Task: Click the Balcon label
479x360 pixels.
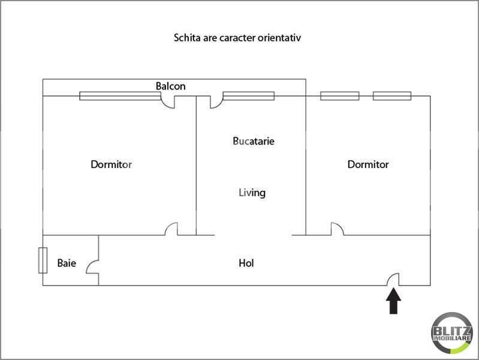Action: tap(170, 86)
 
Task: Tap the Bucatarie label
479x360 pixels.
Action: tap(253, 141)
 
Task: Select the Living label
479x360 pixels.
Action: tap(252, 193)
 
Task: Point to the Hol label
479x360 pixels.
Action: tap(246, 263)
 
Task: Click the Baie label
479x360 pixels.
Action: tap(67, 263)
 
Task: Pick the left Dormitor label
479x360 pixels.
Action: tap(111, 164)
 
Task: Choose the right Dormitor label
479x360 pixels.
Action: tap(368, 164)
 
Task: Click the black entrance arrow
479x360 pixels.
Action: tap(393, 301)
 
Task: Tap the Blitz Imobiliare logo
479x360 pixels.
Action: tap(452, 333)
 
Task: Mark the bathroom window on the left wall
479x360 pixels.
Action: tap(43, 260)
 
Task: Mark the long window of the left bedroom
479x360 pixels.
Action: tap(120, 96)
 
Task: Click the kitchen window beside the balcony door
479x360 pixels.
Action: tap(249, 96)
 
